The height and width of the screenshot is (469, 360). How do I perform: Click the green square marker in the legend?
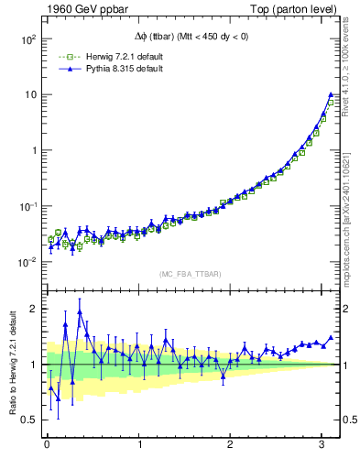[64, 57]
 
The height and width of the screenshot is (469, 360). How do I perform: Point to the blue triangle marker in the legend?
[64, 69]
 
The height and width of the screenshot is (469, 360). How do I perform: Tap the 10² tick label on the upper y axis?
[27, 39]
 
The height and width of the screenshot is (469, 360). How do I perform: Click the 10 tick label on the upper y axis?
[29, 95]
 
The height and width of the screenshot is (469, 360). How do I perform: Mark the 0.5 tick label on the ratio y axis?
[30, 420]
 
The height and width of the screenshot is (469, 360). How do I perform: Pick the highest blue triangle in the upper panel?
[331, 94]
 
